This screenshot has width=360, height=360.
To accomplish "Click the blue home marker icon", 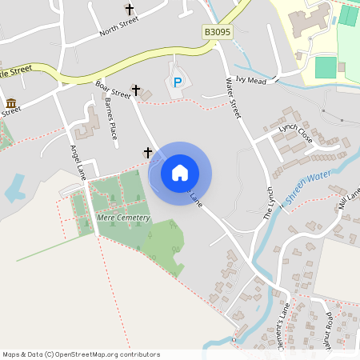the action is tap(180, 173).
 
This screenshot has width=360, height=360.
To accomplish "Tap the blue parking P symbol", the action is tap(178, 82).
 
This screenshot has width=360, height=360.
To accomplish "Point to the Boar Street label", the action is tap(112, 88).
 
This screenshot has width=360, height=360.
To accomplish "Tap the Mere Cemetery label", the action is tap(122, 218).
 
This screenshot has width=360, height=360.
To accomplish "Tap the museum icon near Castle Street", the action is tap(11, 103).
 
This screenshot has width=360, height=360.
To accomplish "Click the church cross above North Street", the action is tap(130, 10).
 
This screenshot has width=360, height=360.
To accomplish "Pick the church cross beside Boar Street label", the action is tap(136, 90).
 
